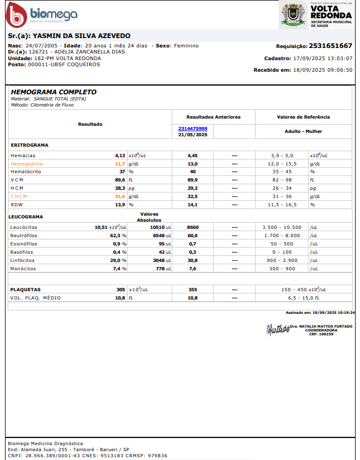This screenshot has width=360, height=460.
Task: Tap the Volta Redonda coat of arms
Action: click(x=293, y=14)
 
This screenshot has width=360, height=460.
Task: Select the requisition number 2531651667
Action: click(x=330, y=46)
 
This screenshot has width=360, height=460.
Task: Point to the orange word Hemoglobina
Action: click(x=26, y=164)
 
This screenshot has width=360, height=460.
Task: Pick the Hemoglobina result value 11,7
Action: click(x=120, y=164)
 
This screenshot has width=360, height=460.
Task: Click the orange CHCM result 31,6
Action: click(x=120, y=196)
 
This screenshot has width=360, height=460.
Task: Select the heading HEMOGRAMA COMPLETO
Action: click(x=54, y=92)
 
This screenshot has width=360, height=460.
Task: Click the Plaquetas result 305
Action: click(x=120, y=290)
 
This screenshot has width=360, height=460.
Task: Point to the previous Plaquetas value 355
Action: click(x=193, y=290)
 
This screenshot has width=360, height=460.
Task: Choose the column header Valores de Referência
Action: click(x=303, y=117)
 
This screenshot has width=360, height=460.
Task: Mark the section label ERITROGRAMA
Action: click(x=29, y=145)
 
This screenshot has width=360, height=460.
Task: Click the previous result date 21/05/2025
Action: click(x=193, y=135)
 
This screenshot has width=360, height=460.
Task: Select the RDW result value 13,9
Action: click(x=120, y=205)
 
